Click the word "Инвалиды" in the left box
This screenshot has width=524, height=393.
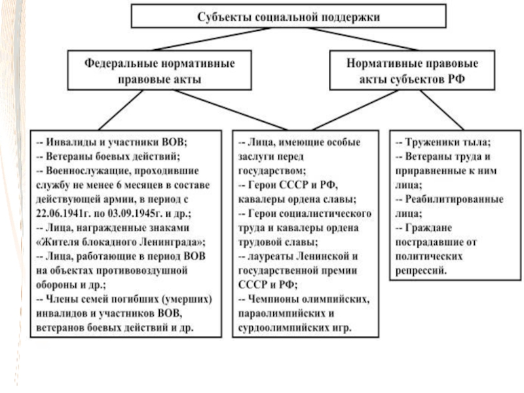tap(67, 142)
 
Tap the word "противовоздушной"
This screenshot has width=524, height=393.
tap(151, 270)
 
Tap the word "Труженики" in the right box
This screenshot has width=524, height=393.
tap(430, 142)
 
